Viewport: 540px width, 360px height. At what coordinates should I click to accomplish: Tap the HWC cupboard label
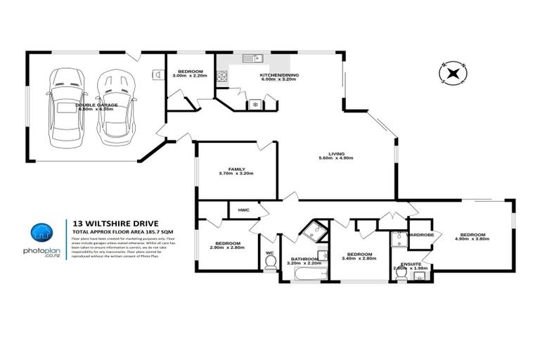pos(244,210)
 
